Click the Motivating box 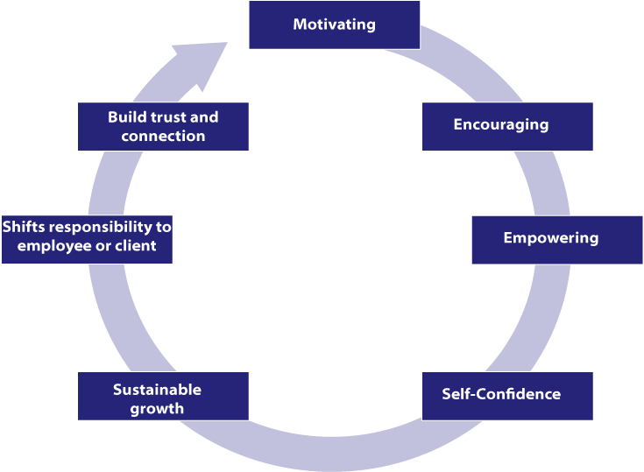[x=334, y=25]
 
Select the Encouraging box [x=507, y=126]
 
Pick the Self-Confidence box [x=507, y=395]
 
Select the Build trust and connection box [x=163, y=126]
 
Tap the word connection [x=163, y=137]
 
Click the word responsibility [x=96, y=227]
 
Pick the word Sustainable [x=157, y=390]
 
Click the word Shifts [x=21, y=227]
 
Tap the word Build [x=124, y=116]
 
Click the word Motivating [x=334, y=25]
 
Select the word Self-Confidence [x=501, y=394]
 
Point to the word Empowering [x=550, y=238]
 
